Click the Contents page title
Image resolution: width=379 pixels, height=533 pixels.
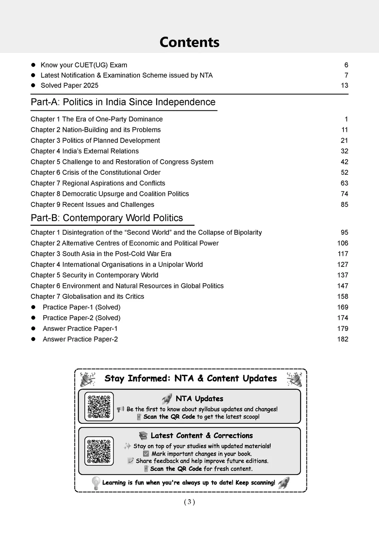(x=189, y=42)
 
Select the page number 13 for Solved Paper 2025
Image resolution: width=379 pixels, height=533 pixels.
(x=344, y=86)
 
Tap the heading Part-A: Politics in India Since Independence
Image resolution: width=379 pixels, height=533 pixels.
(x=123, y=102)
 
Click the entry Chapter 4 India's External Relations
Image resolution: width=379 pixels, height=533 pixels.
(x=85, y=151)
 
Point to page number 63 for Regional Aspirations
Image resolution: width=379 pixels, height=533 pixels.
(x=344, y=183)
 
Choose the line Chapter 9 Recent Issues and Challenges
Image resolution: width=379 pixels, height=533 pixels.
(x=93, y=205)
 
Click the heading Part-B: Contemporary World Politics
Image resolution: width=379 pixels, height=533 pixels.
(x=107, y=218)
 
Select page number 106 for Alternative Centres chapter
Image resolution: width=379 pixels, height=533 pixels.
(x=342, y=243)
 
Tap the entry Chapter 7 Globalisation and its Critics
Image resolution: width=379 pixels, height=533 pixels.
(x=87, y=296)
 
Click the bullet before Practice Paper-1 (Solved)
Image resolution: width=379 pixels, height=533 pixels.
(x=33, y=307)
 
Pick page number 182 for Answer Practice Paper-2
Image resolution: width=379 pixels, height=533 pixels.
(x=342, y=339)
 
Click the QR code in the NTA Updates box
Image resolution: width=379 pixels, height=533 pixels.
(x=99, y=406)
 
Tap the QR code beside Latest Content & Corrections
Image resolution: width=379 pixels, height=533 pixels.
(x=99, y=451)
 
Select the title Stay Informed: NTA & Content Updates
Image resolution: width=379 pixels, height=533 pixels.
(x=191, y=378)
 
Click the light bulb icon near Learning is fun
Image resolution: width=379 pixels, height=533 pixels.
(x=96, y=483)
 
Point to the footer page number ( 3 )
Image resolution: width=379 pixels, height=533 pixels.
(x=189, y=502)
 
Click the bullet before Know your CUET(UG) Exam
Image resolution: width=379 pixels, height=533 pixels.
(x=33, y=65)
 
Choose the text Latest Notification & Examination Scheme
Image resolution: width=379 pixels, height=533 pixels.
(x=127, y=76)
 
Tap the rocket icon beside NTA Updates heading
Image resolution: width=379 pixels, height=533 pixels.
(x=167, y=399)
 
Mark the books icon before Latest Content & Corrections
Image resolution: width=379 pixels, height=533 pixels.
(x=143, y=436)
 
